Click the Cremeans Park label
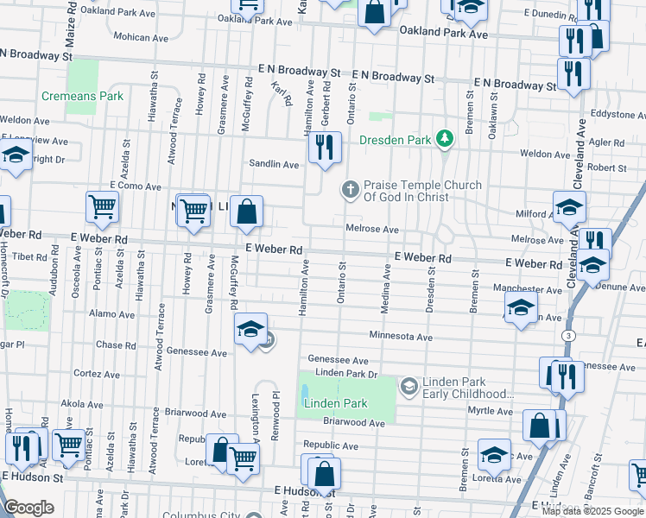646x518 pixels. (x=82, y=97)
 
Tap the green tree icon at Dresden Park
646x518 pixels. (x=444, y=138)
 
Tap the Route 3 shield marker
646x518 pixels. (x=567, y=334)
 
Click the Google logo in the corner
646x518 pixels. (x=28, y=508)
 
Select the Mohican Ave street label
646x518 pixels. (x=142, y=38)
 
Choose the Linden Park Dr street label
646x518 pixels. (x=347, y=373)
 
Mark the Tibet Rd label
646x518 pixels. (x=28, y=256)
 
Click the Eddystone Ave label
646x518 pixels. (x=617, y=114)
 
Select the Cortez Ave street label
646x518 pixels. (x=96, y=374)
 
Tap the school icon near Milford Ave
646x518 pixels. (x=569, y=207)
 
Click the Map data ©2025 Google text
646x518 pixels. (x=592, y=511)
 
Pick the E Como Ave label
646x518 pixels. (x=135, y=186)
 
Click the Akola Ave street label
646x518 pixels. (x=83, y=403)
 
